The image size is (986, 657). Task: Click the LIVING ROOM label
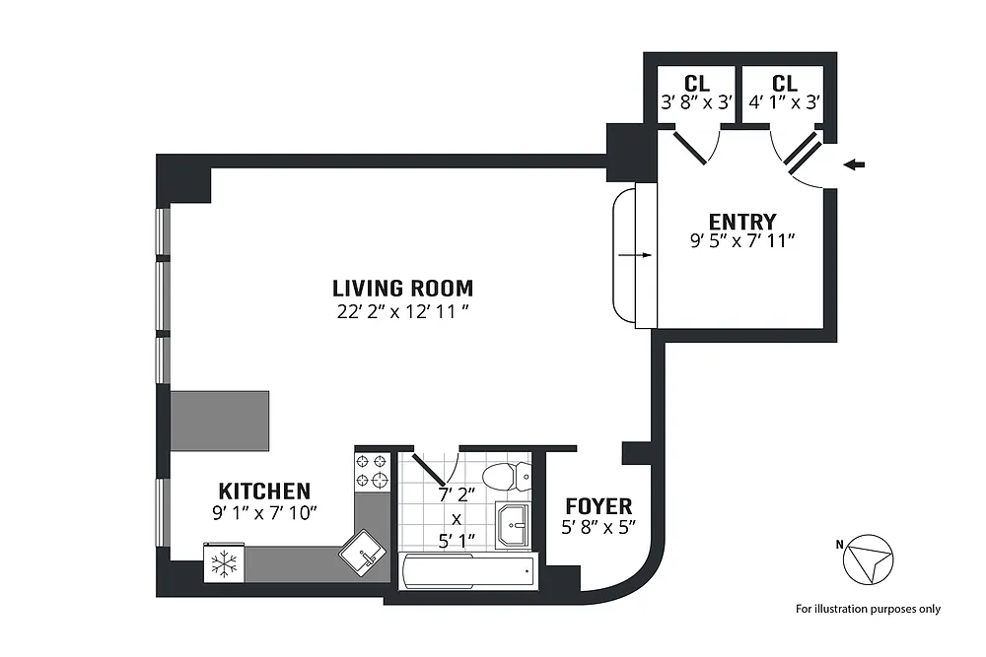402,289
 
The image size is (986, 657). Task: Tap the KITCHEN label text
264,491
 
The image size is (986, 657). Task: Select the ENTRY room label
742,222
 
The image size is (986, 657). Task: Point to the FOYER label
599,506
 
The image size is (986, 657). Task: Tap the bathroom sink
512,524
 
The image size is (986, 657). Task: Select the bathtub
469,570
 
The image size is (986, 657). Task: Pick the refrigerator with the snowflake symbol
224,562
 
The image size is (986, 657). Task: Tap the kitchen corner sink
363,553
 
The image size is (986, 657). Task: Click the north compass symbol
868,559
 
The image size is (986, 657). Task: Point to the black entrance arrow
854,165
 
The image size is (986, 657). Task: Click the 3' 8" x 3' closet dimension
697,102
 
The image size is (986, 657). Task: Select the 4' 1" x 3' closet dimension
784,102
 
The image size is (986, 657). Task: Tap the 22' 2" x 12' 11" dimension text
403,311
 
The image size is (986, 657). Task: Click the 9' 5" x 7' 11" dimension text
742,240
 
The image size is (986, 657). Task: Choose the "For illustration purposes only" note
868,609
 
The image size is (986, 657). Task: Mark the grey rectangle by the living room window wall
220,421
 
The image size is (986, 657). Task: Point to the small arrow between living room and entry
635,255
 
